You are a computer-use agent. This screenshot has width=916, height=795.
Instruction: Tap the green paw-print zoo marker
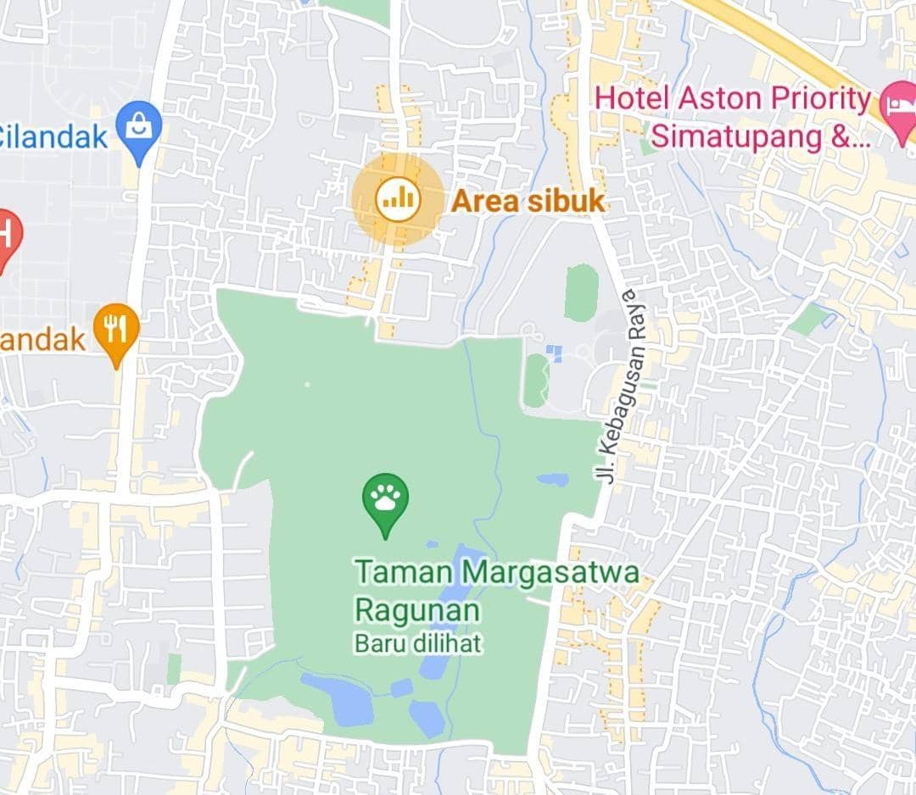[385, 499]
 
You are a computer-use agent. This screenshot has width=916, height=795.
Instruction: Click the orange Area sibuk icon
[397, 199]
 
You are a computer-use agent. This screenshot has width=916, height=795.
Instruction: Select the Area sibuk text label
[528, 201]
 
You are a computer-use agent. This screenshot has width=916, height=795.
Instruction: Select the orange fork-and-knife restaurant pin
[116, 330]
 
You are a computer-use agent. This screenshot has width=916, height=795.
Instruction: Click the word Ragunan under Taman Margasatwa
[417, 610]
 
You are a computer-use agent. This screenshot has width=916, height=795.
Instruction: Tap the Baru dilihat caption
[417, 643]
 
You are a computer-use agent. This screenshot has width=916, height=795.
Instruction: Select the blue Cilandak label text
[53, 136]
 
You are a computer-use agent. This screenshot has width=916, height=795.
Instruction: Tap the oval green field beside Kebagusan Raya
[581, 292]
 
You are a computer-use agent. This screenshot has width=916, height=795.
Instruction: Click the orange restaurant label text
[42, 340]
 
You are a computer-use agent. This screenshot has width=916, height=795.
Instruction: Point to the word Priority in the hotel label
[819, 98]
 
